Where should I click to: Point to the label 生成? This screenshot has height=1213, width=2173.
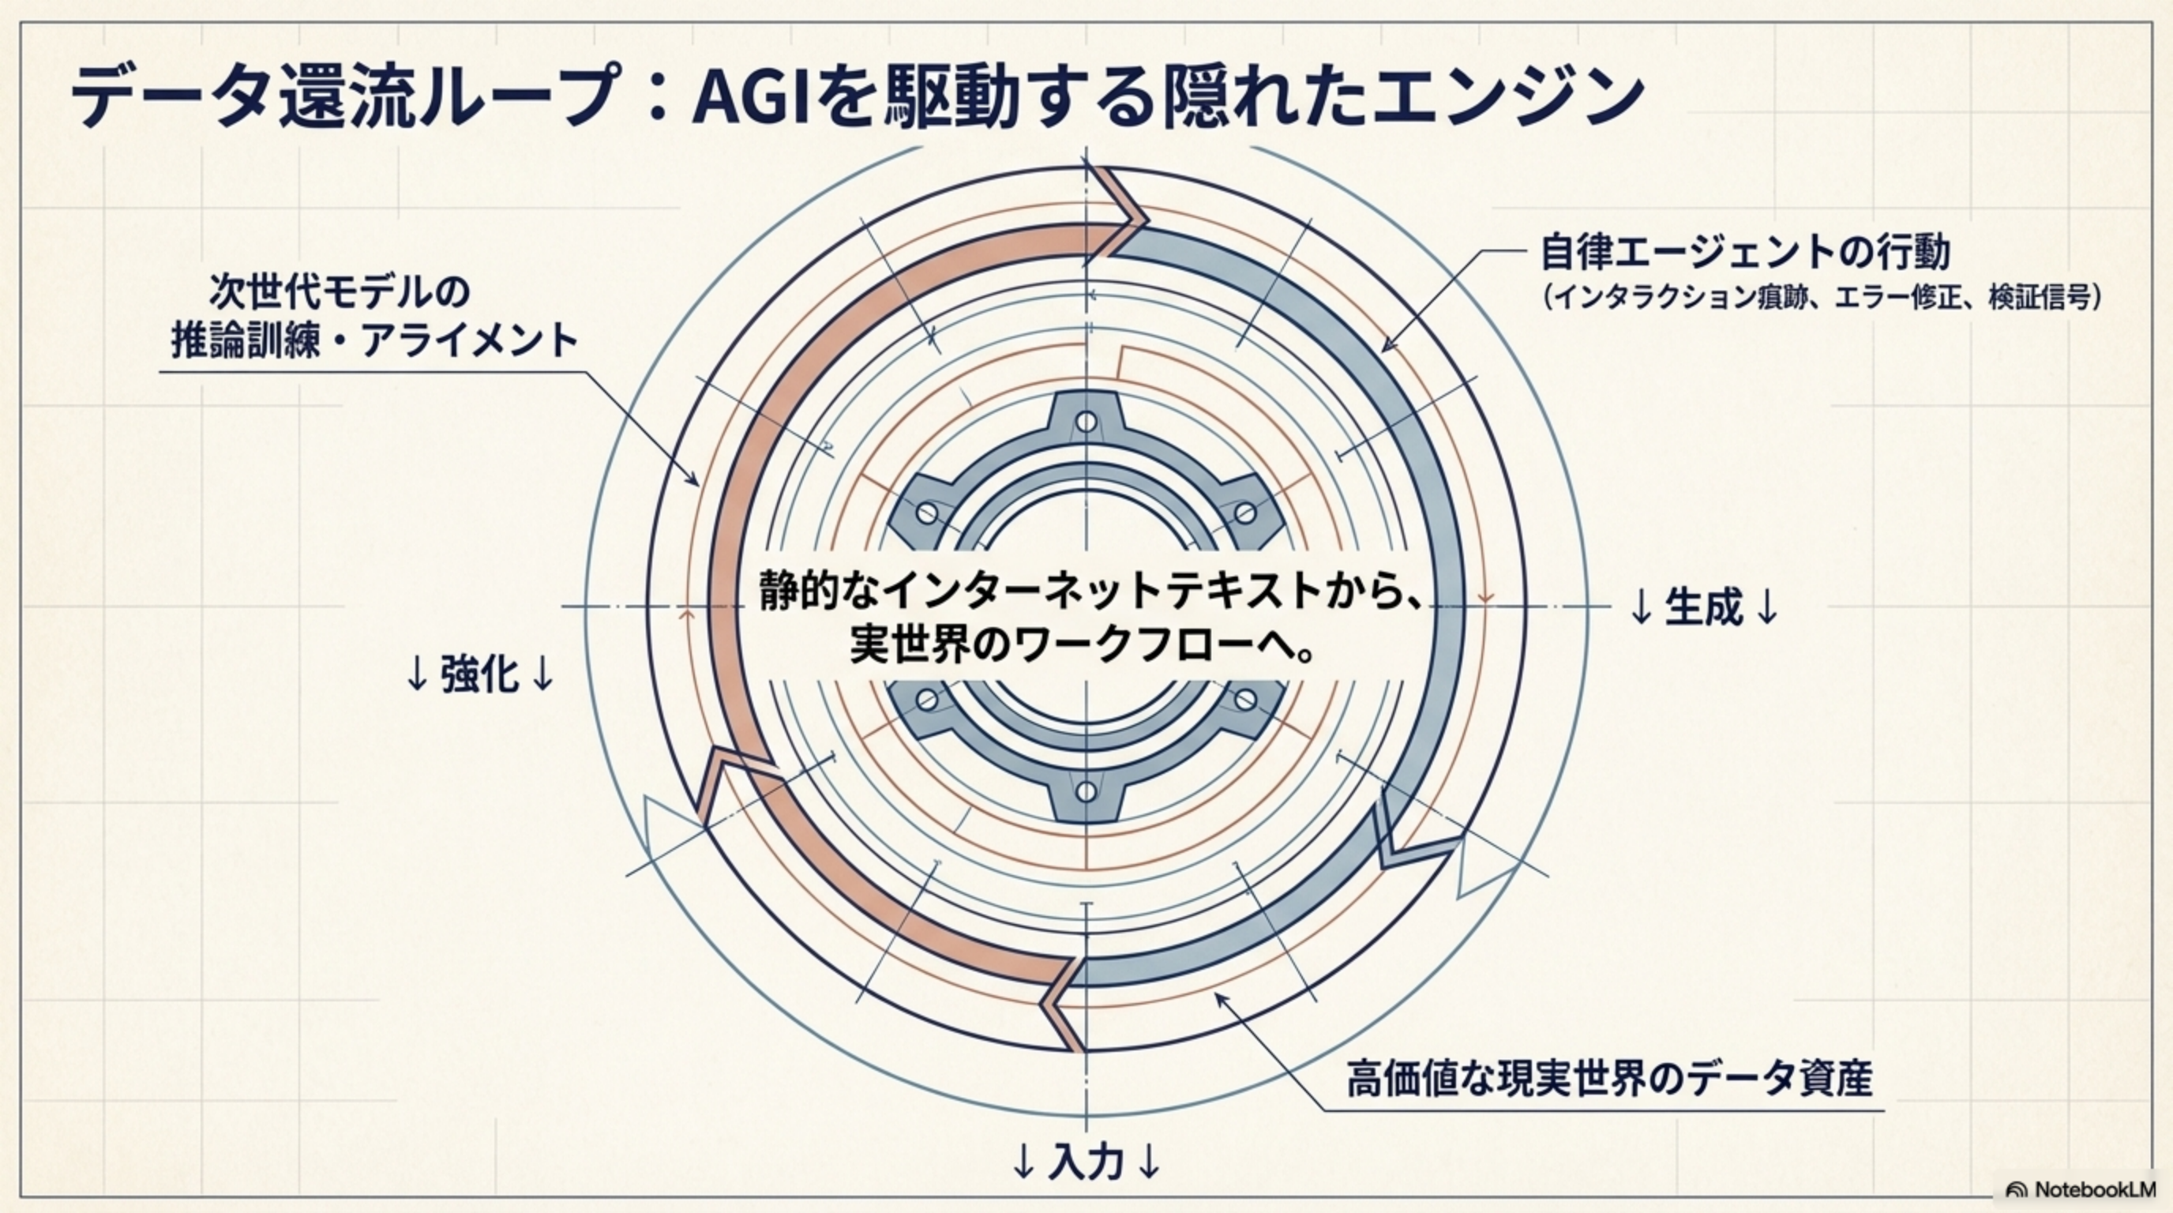tap(1703, 606)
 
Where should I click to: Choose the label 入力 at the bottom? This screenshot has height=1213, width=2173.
tap(1086, 1162)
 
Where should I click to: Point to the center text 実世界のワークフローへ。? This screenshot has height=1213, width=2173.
tap(1083, 647)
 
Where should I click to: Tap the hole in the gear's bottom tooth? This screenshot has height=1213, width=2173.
tap(1086, 792)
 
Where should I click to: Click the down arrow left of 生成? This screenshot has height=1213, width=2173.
tap(1641, 606)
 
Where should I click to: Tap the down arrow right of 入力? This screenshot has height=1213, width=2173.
tap(1149, 1163)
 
